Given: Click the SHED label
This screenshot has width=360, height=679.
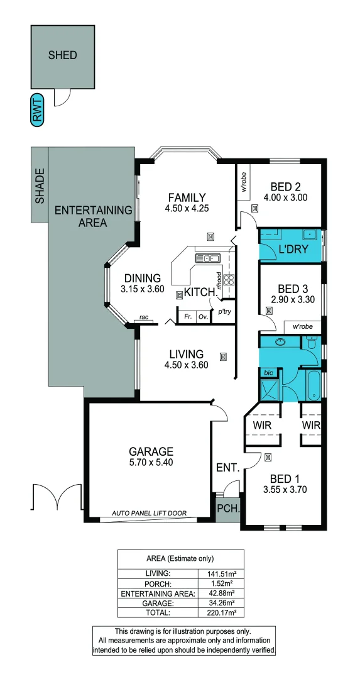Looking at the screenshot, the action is pos(63,55).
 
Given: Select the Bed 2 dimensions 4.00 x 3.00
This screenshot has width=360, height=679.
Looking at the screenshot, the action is pos(286,198).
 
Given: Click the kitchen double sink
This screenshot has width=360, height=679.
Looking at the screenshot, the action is pos(208,258).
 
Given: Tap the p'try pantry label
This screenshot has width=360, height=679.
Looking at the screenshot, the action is pos(224,311).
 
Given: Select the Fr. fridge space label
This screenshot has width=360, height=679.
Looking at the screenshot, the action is pos(187,316).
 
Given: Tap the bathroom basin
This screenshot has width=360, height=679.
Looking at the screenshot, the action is pos(280,342).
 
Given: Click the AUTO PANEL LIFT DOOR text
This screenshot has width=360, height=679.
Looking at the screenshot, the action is pos(150,513).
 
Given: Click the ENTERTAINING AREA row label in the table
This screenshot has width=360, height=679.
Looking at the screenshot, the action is pos(158,593).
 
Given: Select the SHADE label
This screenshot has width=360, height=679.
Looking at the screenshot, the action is pos(40,185).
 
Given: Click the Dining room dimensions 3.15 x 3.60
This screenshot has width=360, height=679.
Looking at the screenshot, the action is pos(143,289).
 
